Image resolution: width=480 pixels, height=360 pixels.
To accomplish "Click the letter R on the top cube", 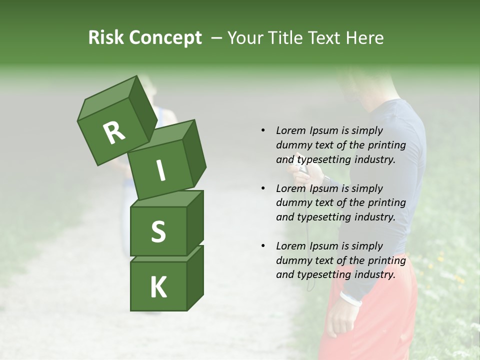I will point(114,132).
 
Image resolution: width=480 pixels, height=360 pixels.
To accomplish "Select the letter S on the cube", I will point(158,231).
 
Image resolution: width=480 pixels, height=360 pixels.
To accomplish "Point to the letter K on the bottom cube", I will point(158,287).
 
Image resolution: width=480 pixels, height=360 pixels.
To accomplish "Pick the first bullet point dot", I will point(263,130).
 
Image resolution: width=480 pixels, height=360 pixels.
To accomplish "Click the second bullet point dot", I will point(263,188).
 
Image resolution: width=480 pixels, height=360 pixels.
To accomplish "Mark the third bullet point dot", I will point(263,246).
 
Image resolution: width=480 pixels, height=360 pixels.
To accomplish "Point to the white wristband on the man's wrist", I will point(350,298).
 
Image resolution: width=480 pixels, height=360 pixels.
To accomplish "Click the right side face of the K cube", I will point(195,277).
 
